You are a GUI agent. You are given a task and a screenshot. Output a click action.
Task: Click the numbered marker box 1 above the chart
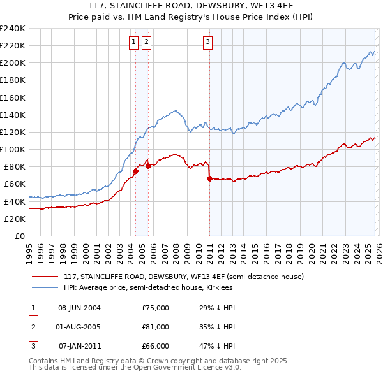tap(134, 43)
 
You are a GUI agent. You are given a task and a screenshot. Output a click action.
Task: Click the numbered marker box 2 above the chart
tap(146, 43)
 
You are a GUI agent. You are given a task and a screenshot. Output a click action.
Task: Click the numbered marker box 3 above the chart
tap(208, 43)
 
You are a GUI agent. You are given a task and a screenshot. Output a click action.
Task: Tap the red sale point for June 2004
tap(135, 171)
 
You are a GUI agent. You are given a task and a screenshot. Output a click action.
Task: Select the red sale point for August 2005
tap(148, 166)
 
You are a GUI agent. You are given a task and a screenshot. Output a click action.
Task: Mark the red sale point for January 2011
tap(209, 178)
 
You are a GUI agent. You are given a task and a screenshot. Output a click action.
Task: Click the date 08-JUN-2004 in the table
tap(79, 308)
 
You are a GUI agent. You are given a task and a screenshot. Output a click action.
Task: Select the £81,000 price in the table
tap(155, 327)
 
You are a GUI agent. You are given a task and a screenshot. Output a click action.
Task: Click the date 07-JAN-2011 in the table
tap(79, 346)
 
